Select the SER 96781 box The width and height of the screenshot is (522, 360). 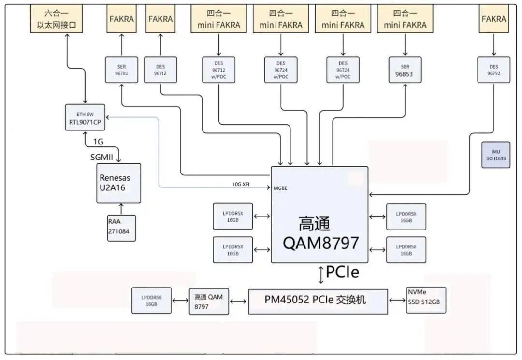click(121, 70)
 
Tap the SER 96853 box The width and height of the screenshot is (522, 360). click(405, 70)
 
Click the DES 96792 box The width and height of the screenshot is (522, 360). click(493, 70)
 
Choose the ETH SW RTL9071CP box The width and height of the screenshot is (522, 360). click(86, 118)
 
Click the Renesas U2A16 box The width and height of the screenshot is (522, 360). click(118, 183)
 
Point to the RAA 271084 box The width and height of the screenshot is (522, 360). click(121, 228)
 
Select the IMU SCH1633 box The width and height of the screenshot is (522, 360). click(495, 155)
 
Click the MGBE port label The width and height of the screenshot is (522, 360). click(280, 188)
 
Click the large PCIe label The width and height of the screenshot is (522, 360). click(342, 273)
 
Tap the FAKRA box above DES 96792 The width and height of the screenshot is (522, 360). click(494, 19)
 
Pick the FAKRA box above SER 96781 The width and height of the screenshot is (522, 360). click(121, 19)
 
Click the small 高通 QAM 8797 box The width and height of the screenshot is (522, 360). click(209, 301)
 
